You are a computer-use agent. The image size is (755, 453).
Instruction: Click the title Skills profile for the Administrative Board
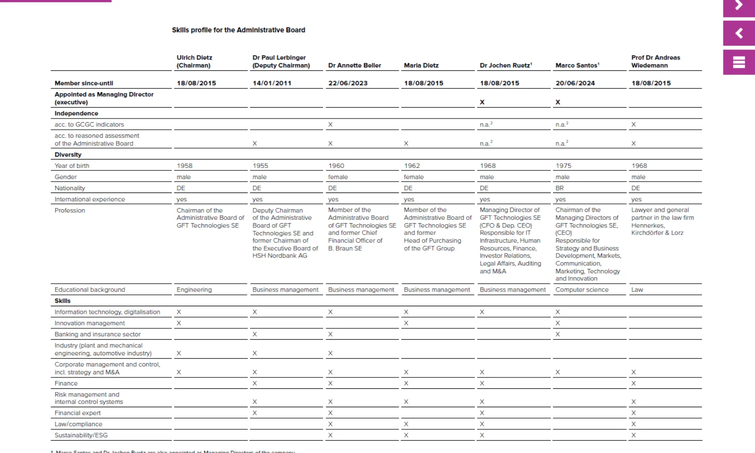coord(238,30)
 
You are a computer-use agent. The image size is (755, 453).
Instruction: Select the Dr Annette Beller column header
coord(354,66)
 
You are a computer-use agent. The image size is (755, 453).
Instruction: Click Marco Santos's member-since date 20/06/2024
coord(575,83)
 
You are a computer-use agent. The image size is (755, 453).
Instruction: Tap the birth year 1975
coord(563,166)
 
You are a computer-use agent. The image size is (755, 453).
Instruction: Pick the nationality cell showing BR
coord(560,188)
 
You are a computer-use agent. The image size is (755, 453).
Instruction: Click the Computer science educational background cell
coord(582,290)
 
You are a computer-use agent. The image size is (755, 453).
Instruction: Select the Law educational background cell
coord(637,290)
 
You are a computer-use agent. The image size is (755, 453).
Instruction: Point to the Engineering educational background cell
coord(194,290)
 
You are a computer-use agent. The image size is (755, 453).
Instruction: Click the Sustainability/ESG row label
coord(81,435)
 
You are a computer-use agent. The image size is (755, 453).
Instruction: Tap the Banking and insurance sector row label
coord(98,334)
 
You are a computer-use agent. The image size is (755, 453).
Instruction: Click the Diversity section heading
coord(68,154)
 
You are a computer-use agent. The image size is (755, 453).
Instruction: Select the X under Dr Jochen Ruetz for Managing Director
coord(482,102)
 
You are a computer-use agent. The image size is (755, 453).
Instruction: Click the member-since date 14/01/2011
coord(272,83)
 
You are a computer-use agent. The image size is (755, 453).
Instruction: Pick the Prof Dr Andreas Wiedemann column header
coord(655,61)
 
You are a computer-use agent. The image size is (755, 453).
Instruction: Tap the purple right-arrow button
coord(739,7)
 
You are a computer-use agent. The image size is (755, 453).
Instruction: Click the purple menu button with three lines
coord(739,62)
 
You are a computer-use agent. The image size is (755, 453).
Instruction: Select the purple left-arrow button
coord(739,33)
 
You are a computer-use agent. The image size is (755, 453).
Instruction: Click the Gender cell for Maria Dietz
coord(414,177)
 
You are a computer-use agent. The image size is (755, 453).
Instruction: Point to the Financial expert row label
coord(77,413)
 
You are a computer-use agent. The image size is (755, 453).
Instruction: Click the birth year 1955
coord(260,166)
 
